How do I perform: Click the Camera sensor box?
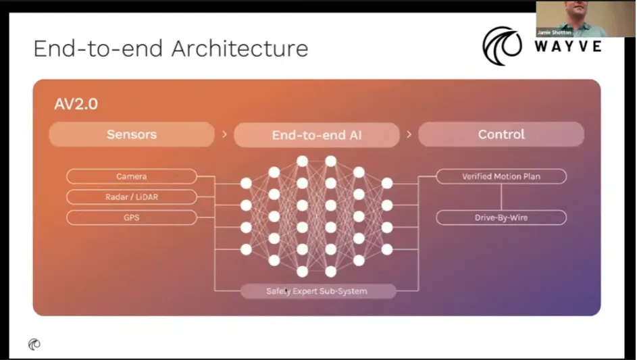point(132,176)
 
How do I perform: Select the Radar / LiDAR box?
point(132,197)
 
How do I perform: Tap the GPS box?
point(132,217)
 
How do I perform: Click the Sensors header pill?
point(132,134)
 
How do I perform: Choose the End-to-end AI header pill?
point(317,135)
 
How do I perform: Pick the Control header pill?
point(501,134)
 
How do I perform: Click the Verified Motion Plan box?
point(501,176)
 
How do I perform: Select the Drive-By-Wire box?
point(501,217)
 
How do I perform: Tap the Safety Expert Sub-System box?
point(317,291)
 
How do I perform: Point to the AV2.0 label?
point(76,105)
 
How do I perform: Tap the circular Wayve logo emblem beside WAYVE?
point(502,46)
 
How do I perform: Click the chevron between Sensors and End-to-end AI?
point(224,135)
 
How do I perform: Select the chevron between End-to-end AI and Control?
point(409,135)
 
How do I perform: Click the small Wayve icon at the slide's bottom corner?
point(34,344)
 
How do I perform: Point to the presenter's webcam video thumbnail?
point(586,18)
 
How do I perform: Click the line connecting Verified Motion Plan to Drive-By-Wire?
point(501,197)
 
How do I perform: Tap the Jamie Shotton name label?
point(554,32)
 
